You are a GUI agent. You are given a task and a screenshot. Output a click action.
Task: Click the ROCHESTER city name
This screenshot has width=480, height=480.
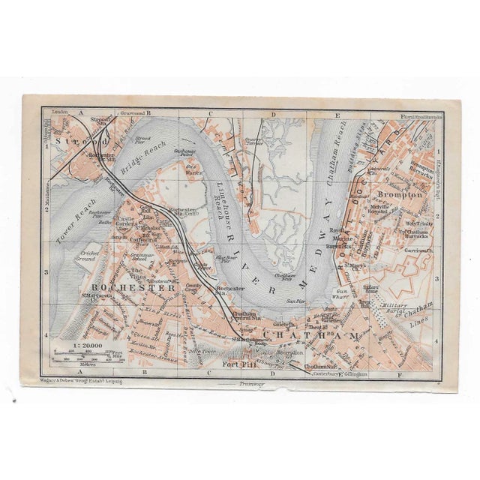(131, 287)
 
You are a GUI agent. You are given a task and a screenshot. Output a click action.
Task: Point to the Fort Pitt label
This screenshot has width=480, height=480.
(242, 367)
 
